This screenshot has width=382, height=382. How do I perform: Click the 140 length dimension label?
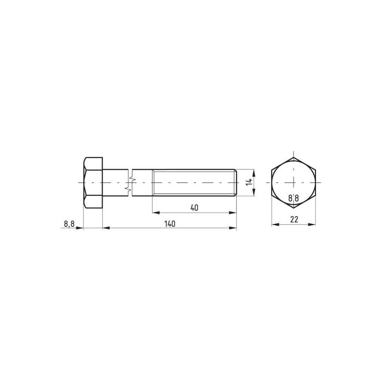[x=170, y=223]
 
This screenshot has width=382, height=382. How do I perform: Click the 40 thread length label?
[x=194, y=208]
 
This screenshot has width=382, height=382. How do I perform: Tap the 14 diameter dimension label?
[x=249, y=182]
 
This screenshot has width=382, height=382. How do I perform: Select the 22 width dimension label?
[x=294, y=220]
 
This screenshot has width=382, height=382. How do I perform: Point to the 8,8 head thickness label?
[x=69, y=223]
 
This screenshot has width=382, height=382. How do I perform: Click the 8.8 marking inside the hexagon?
[x=294, y=198]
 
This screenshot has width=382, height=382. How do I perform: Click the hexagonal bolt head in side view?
[x=93, y=183]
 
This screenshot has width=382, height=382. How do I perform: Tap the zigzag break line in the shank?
[x=129, y=183]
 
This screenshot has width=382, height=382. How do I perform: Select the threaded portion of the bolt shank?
[x=194, y=183]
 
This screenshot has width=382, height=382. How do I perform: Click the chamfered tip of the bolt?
[x=235, y=183]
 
